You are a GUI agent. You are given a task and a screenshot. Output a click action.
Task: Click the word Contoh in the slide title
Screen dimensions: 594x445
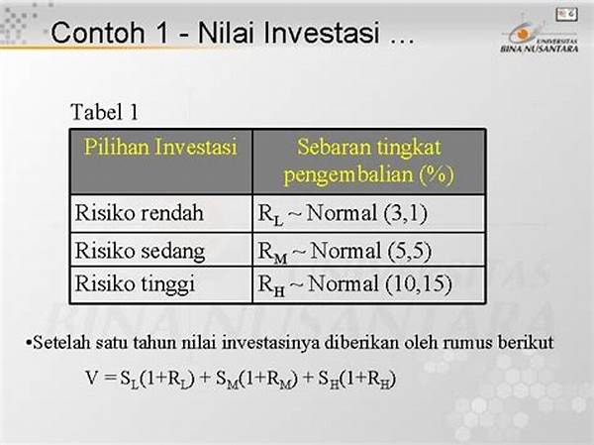coord(98,33)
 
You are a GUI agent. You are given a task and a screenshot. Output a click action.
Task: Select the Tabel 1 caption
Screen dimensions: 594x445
coord(105,112)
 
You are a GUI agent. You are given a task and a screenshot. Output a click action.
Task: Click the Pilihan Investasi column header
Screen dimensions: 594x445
coord(160,147)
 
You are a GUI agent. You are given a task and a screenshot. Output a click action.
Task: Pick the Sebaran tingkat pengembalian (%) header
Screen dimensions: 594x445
coord(369,161)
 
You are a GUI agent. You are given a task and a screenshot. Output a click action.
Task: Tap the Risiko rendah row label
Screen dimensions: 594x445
coord(139,212)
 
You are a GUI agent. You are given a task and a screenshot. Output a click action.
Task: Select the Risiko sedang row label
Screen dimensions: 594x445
coord(140,251)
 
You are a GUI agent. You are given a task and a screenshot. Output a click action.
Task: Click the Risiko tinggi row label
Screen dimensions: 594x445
coord(135,283)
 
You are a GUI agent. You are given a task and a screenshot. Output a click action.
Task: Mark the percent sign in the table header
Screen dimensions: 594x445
coord(437,174)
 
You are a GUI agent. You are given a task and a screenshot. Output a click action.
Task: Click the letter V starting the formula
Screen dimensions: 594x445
coord(92,378)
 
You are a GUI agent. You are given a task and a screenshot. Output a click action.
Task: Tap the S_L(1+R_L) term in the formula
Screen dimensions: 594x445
coord(157,379)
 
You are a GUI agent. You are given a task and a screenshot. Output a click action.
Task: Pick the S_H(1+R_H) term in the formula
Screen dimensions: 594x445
coord(357,379)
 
